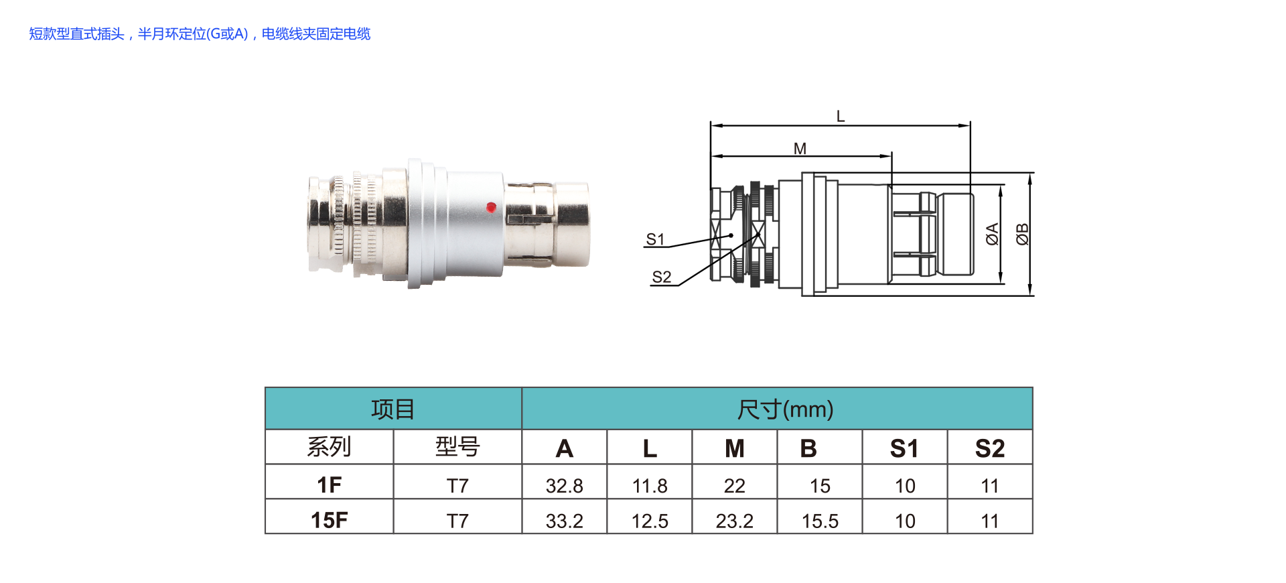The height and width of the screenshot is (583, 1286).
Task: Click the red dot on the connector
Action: [491, 207]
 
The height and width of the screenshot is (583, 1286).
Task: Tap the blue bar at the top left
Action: [200, 34]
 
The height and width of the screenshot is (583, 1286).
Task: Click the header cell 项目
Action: [393, 409]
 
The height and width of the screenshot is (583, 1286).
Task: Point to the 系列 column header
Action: [329, 447]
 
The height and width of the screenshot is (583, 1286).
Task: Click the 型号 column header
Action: [457, 447]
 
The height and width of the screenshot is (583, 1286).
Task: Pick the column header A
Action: [564, 448]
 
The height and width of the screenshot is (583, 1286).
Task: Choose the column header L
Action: [650, 448]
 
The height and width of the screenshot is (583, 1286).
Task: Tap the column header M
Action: [735, 448]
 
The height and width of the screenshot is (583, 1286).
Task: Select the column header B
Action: [808, 448]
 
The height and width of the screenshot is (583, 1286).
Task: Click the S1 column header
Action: [904, 448]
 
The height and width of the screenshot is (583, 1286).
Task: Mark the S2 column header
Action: [990, 448]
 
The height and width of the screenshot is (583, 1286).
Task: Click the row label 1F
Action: [329, 484]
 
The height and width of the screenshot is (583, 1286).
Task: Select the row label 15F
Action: [329, 520]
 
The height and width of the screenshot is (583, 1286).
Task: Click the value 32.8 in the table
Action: [564, 486]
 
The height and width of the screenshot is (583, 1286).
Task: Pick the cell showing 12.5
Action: [650, 521]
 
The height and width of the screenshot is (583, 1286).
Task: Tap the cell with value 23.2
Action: [735, 521]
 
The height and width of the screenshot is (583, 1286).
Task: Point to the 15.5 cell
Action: [820, 521]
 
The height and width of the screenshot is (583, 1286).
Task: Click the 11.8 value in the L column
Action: [650, 486]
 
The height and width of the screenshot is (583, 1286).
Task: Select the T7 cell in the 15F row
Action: [457, 521]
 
